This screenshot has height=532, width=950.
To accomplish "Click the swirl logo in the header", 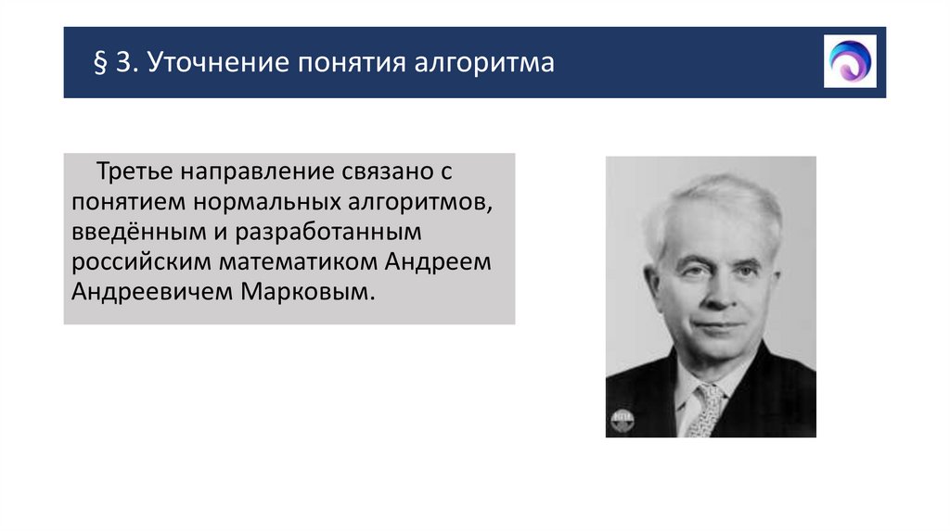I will (850, 61).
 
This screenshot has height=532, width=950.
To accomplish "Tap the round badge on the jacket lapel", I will (620, 419).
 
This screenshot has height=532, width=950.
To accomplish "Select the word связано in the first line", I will (379, 173).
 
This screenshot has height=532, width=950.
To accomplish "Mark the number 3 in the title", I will (123, 65).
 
